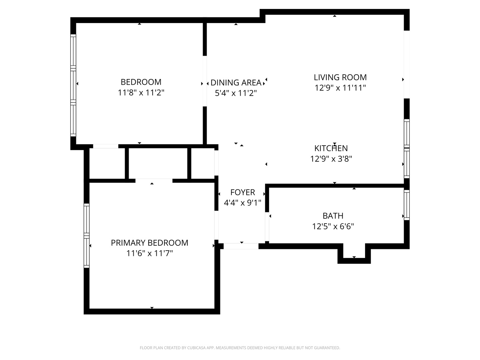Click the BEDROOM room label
[x=141, y=82]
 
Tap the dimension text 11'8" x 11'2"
[x=141, y=93]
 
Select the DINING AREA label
[x=236, y=83]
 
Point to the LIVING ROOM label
[x=340, y=77]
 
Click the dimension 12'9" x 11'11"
[x=340, y=88]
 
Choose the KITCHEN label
[x=331, y=148]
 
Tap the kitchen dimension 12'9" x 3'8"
[x=331, y=159]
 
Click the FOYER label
[x=242, y=192]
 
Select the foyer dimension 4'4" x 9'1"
[x=242, y=203]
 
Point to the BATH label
[x=333, y=216]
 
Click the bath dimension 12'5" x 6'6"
[x=333, y=227]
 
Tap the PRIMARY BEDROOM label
[x=149, y=243]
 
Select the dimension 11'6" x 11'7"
[x=149, y=254]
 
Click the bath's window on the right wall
[x=407, y=205]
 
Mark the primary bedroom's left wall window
[x=87, y=235]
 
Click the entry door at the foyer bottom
[x=241, y=246]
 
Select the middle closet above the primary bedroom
[x=158, y=164]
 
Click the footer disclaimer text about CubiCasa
[x=240, y=348]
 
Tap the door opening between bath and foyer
[x=267, y=227]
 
